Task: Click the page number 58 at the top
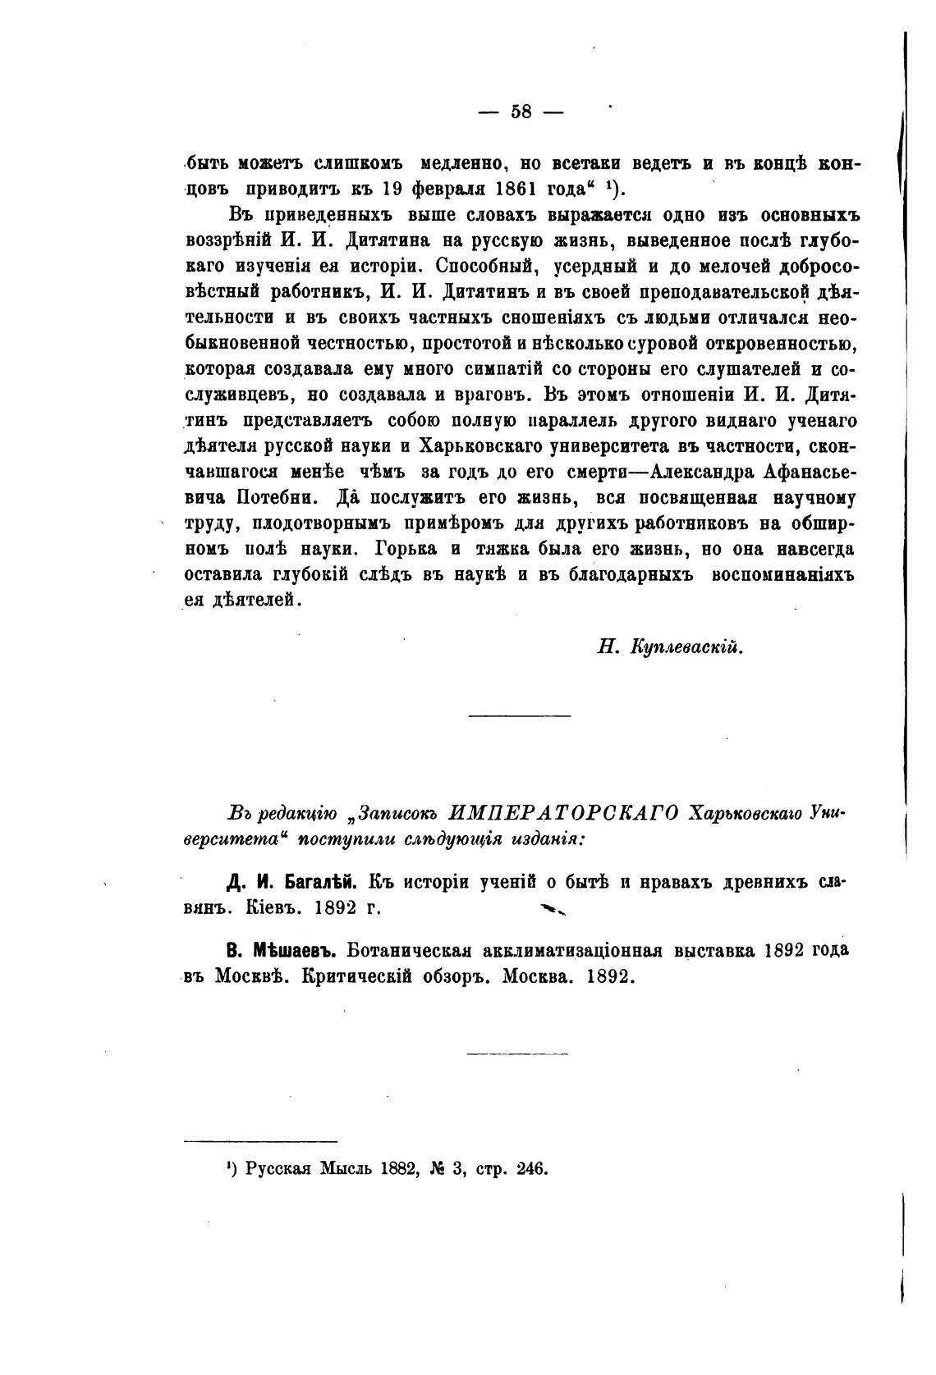point(521,112)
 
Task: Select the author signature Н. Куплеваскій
point(670,647)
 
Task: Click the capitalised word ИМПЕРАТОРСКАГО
point(565,813)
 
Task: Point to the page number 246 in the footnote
point(533,1170)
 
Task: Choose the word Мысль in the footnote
point(344,1170)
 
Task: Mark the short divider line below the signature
point(519,718)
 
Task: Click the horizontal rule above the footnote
point(260,1141)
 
